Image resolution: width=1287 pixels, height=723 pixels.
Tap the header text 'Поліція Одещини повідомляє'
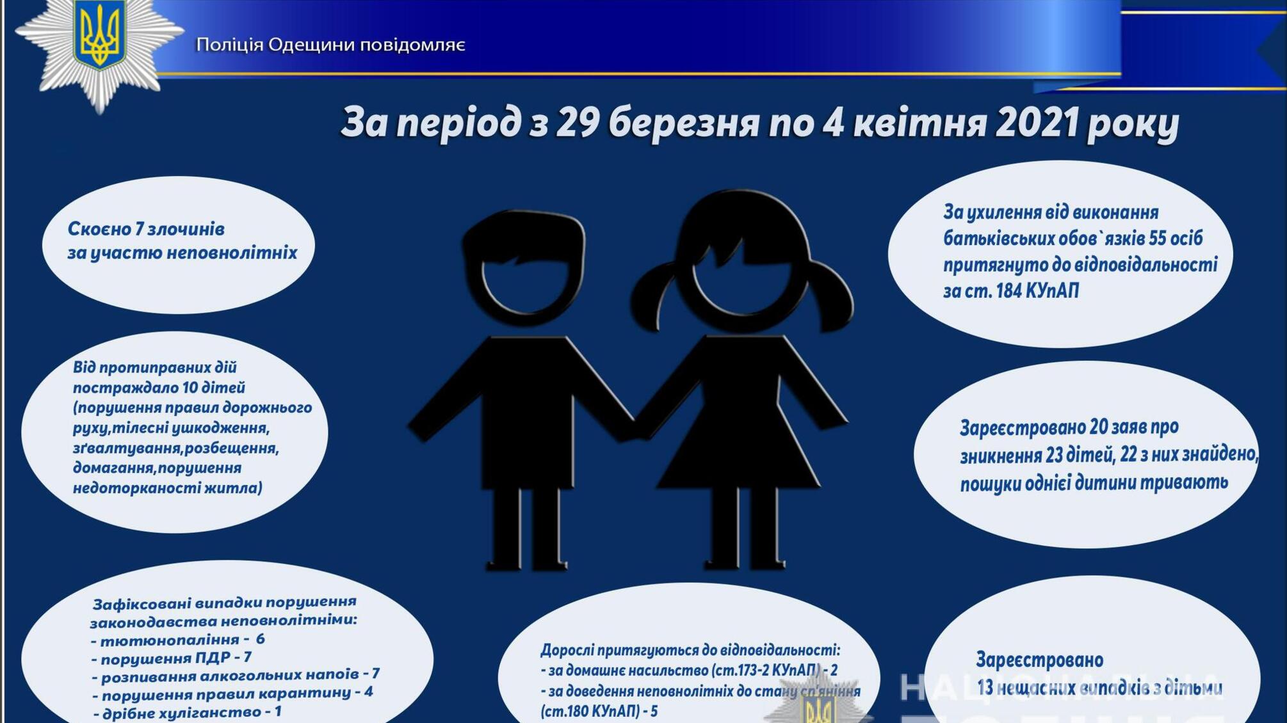click(330, 45)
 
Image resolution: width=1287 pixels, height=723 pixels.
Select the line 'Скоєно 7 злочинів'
click(146, 229)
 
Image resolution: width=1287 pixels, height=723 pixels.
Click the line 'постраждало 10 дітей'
click(159, 388)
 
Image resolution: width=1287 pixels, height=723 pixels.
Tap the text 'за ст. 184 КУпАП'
click(1010, 291)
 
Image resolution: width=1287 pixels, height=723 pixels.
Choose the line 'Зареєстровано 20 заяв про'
click(1069, 427)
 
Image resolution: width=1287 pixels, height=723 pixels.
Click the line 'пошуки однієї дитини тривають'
click(1094, 483)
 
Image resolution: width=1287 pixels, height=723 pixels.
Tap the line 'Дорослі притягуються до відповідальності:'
click(690, 650)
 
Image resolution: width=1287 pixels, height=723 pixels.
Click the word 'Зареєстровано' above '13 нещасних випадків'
click(1039, 660)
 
